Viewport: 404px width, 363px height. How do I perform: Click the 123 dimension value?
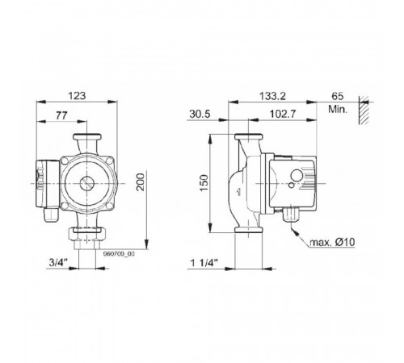[77, 96]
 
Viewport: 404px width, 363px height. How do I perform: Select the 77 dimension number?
[61, 115]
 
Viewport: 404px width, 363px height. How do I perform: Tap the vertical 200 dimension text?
[140, 182]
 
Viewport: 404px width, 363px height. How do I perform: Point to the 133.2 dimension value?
[272, 96]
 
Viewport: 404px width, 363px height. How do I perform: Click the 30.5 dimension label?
[200, 114]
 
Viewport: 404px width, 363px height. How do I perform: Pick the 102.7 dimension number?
[283, 114]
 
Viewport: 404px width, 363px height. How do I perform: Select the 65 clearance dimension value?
[338, 96]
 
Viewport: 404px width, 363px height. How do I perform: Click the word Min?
[338, 109]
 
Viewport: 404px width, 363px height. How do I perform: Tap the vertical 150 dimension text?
[204, 183]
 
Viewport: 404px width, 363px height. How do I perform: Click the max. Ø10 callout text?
[332, 242]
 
